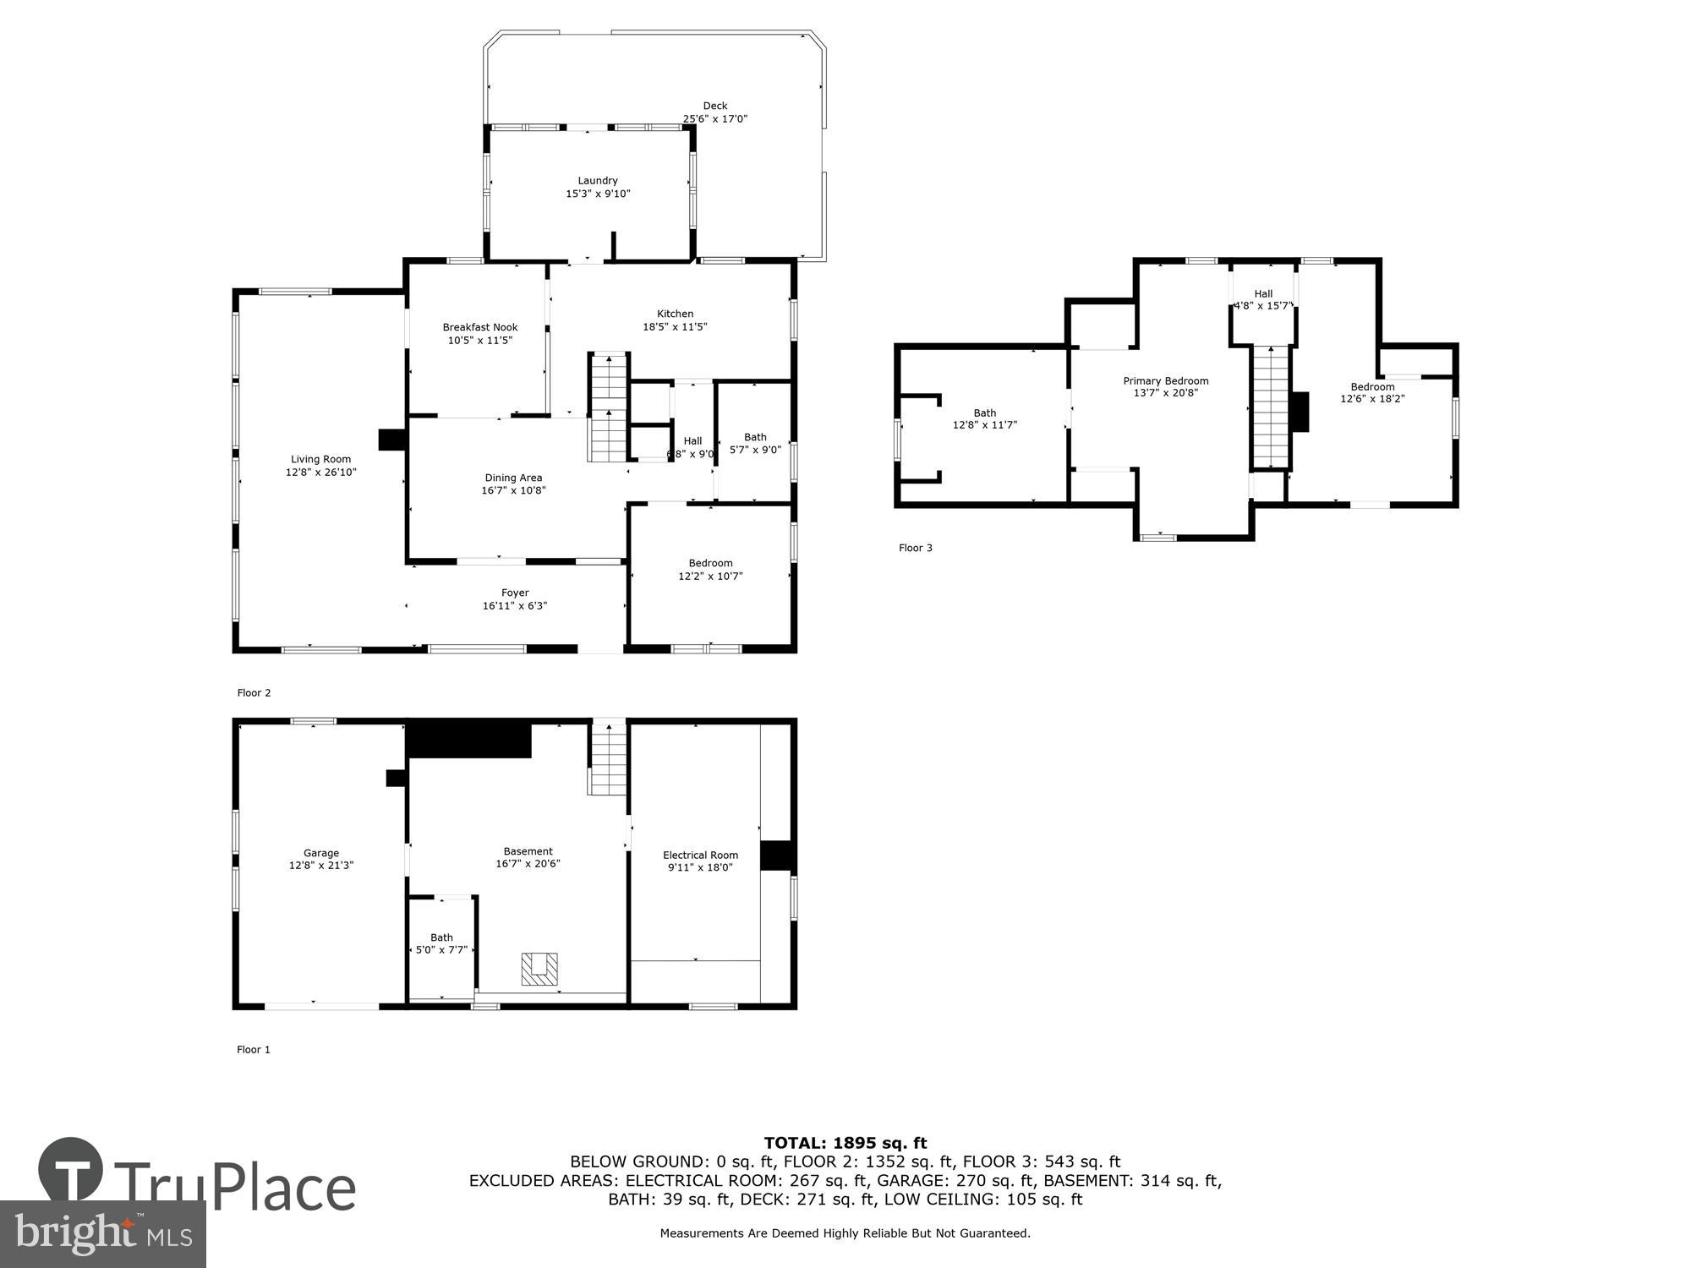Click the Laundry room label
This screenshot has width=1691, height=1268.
tap(598, 181)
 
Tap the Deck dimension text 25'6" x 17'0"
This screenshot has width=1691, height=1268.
tap(715, 119)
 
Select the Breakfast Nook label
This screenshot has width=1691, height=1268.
tap(480, 327)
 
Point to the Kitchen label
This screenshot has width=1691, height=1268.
tap(675, 314)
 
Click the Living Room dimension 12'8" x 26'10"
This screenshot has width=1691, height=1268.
tap(321, 473)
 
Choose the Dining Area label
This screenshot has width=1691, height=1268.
tap(513, 478)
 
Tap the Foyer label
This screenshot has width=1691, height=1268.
tap(515, 593)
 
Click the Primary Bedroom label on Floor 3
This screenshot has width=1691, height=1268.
tap(1165, 381)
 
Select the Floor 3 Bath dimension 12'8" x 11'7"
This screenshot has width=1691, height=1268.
tap(984, 425)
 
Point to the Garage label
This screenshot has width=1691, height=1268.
tap(321, 853)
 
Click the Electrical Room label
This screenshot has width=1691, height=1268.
tap(700, 855)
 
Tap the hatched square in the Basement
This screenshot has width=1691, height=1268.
tap(539, 969)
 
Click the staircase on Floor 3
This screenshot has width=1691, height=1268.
tap(1271, 407)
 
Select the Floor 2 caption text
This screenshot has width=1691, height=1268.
tap(254, 693)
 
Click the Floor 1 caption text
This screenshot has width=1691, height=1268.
tap(254, 1050)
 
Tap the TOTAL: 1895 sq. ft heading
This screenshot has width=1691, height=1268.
tap(845, 1144)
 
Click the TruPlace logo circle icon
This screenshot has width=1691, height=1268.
tap(71, 1170)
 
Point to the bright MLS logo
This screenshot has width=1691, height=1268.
tap(103, 1233)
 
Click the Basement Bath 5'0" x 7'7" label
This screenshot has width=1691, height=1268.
tap(441, 943)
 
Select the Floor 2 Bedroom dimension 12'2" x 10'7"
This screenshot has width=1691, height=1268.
tap(710, 577)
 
